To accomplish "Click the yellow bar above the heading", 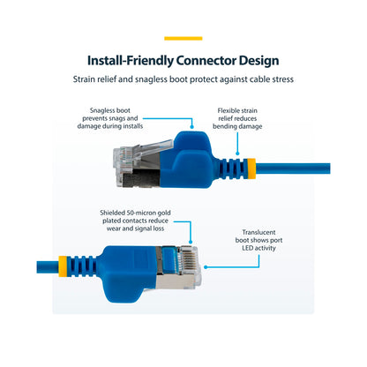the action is (183, 38).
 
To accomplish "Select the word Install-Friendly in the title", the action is (131, 61).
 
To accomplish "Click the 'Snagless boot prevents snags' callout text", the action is (110, 118).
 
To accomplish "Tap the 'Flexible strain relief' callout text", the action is (237, 118).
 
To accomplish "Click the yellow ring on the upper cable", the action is (251, 169).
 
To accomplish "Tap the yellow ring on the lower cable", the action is (63, 266).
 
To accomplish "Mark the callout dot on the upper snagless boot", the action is (191, 127).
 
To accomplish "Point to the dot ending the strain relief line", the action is (237, 154).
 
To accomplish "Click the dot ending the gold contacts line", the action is (191, 242).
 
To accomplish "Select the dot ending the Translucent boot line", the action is (206, 267).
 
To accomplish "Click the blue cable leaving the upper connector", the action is (293, 169).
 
